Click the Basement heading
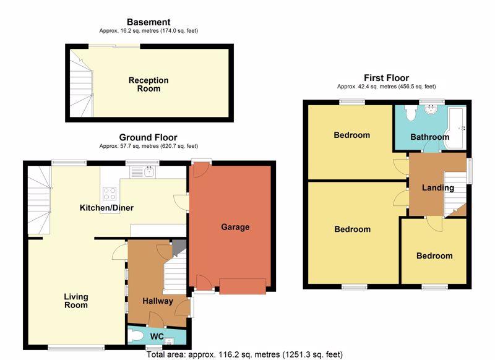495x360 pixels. point(148,22)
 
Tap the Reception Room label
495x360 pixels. point(148,84)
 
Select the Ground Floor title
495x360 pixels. point(148,137)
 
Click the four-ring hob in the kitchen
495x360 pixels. point(110,194)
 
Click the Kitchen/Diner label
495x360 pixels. point(106,208)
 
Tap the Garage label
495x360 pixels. point(235,227)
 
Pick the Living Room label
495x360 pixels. point(76,301)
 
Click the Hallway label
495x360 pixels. point(158,301)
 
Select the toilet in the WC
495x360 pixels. point(136,336)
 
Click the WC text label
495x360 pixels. point(157,336)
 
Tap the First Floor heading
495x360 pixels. point(386,77)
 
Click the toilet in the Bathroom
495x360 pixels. point(411,113)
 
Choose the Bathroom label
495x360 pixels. point(429,137)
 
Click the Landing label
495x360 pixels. point(438,187)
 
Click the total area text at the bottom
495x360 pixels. point(244,354)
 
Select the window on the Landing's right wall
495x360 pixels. point(470,171)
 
